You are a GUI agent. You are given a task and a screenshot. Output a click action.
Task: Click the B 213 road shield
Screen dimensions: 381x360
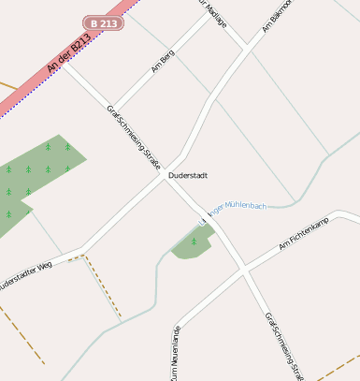pos(103,22)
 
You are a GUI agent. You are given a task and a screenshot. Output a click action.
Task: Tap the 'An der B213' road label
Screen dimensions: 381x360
pos(70,55)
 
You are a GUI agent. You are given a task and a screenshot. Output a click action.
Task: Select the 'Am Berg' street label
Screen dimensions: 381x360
pos(163,61)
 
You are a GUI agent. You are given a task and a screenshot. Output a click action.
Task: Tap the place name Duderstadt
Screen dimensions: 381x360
pos(187,175)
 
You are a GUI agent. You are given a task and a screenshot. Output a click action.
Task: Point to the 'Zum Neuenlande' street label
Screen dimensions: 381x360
pos(174,354)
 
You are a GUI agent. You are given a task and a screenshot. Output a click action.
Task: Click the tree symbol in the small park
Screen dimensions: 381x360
pos(194,242)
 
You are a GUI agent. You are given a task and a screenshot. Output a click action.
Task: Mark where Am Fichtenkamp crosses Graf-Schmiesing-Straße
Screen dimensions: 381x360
pos(243,269)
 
